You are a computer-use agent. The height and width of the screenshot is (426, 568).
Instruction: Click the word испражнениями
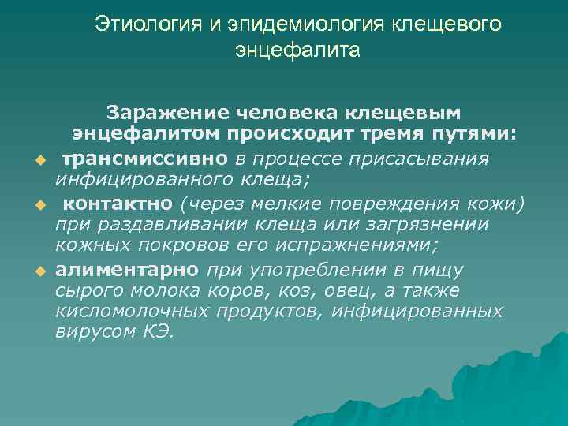click(334, 247)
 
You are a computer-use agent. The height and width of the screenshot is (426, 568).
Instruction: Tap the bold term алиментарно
click(127, 269)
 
